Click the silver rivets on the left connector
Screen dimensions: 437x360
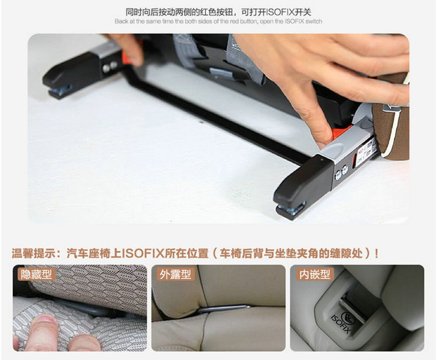point(110,66)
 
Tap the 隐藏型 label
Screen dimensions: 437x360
point(37,274)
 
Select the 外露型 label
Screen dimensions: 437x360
point(175,274)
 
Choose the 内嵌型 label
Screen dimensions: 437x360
point(315,274)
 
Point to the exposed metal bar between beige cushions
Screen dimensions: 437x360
point(223,309)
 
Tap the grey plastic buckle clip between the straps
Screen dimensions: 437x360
point(221,72)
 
